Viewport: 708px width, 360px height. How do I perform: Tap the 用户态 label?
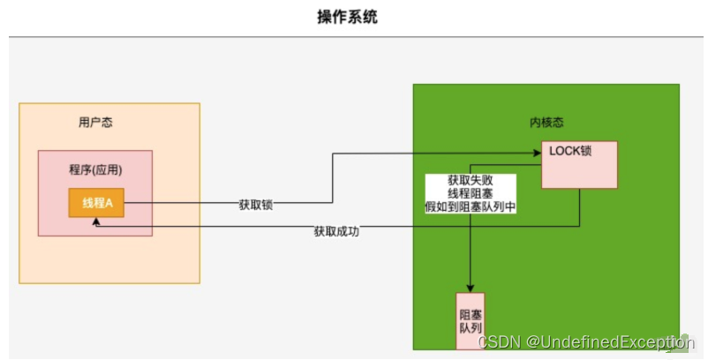coord(95,123)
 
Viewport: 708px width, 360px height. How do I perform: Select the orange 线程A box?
coord(96,204)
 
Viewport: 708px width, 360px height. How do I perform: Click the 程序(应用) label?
coord(94,169)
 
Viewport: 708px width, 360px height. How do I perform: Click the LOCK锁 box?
coord(578,164)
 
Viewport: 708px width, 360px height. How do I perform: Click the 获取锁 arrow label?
coord(255,204)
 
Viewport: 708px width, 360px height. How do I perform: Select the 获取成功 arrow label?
coord(336,232)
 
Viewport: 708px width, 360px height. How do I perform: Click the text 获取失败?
coord(471,179)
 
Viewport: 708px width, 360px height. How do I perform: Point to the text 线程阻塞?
coord(471,193)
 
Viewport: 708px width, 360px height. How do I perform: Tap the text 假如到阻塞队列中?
coord(471,207)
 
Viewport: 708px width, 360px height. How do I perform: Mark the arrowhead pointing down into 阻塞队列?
coord(471,289)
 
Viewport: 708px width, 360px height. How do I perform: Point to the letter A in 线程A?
coord(109,204)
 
